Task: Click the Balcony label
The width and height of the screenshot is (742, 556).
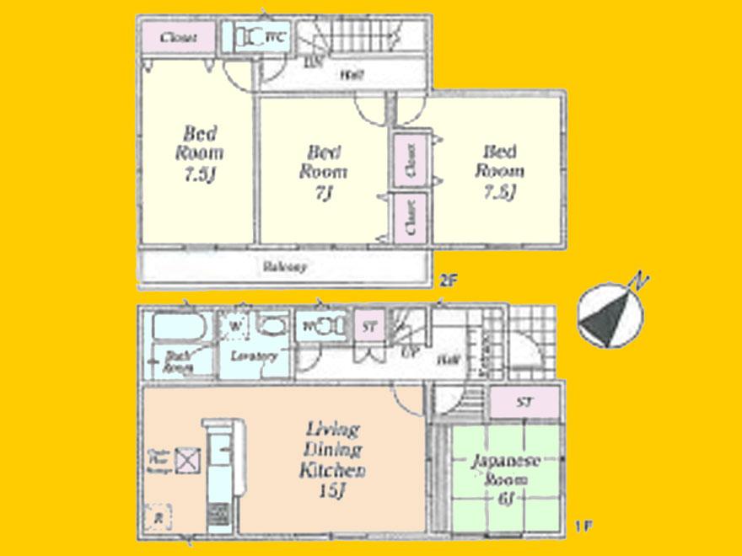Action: point(283,267)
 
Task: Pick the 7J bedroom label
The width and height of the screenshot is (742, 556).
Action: point(324,172)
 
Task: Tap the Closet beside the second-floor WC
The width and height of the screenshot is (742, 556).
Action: point(178,38)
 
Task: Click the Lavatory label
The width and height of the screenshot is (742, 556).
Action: point(254,356)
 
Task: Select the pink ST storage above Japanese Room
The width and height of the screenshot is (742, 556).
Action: point(524,403)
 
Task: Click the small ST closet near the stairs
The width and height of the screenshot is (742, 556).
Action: point(369,326)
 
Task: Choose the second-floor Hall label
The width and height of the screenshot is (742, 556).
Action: point(352,75)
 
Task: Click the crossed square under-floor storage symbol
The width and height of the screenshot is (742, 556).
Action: point(187,459)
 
